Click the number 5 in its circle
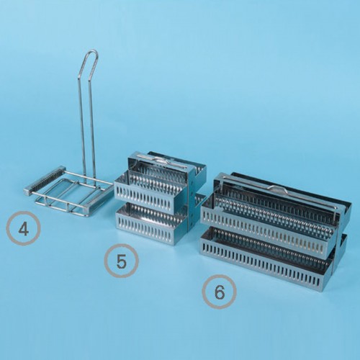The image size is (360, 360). (121, 261)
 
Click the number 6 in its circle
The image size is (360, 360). (220, 292)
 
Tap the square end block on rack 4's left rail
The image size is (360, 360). (27, 192)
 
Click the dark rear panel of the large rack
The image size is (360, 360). (288, 189)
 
